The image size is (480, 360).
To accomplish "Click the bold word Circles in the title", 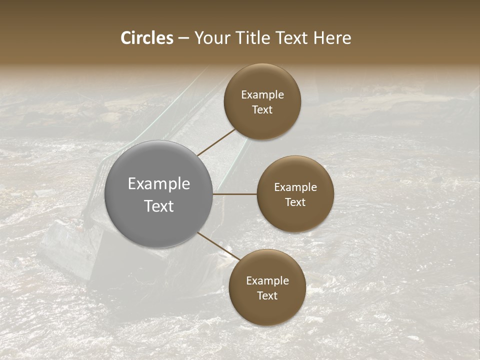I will (147, 38).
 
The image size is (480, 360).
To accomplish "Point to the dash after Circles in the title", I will (183, 38).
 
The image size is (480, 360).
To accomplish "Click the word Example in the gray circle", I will (159, 183).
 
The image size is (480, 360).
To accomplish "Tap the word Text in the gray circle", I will (159, 205).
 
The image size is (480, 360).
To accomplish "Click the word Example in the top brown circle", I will (262, 94).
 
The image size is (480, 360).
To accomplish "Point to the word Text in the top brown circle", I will (262, 109).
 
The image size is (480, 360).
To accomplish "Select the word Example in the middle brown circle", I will (295, 187).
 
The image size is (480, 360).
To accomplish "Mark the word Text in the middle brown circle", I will (295, 202).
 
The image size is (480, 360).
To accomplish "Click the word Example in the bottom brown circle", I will (267, 280).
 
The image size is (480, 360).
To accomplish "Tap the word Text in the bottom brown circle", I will (267, 295).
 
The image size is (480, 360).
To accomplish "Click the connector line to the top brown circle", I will (216, 142).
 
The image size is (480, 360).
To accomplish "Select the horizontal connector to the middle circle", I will (235, 193).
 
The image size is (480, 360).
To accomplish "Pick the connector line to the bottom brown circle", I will (218, 246).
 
